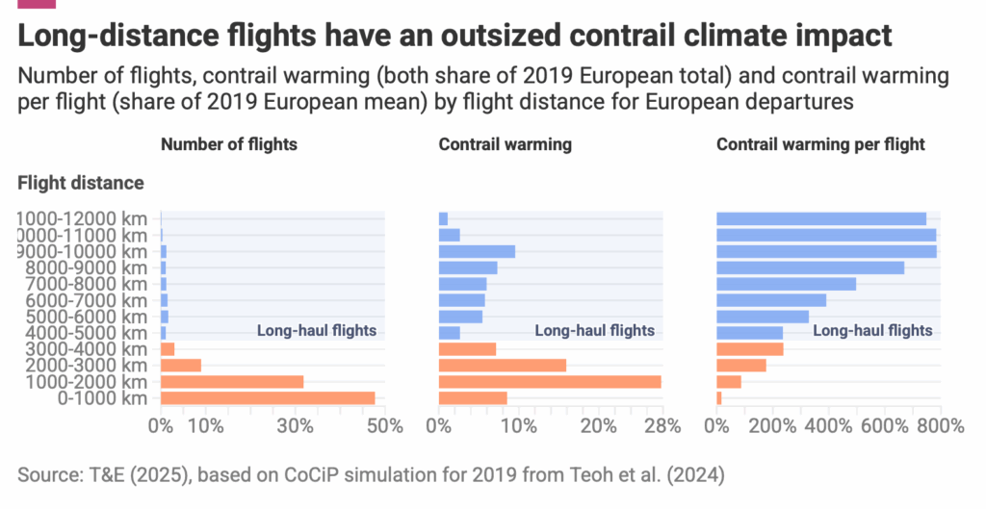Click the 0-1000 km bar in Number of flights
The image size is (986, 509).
pyautogui.click(x=268, y=398)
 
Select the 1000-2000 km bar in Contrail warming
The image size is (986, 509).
pyautogui.click(x=550, y=382)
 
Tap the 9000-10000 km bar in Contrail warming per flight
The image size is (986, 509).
pyautogui.click(x=826, y=251)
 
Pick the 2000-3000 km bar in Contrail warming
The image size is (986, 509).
pyautogui.click(x=502, y=366)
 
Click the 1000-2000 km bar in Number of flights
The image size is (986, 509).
pyautogui.click(x=232, y=382)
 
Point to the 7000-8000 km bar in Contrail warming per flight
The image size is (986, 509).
pyautogui.click(x=786, y=284)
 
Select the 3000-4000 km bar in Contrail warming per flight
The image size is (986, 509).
pyautogui.click(x=749, y=349)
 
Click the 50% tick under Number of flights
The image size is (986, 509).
pyautogui.click(x=385, y=426)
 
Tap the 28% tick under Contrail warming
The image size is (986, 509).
pyautogui.click(x=661, y=426)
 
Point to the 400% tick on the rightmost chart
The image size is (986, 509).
pyautogui.click(x=826, y=426)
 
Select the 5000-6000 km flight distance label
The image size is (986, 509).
pyautogui.click(x=82, y=317)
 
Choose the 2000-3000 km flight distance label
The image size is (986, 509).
pyautogui.click(x=82, y=366)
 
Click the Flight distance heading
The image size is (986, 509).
pyautogui.click(x=81, y=182)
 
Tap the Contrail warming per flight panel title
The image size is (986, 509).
pyautogui.click(x=820, y=144)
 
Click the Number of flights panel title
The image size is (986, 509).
pyautogui.click(x=229, y=144)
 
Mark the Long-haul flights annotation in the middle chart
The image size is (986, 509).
pyautogui.click(x=594, y=331)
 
